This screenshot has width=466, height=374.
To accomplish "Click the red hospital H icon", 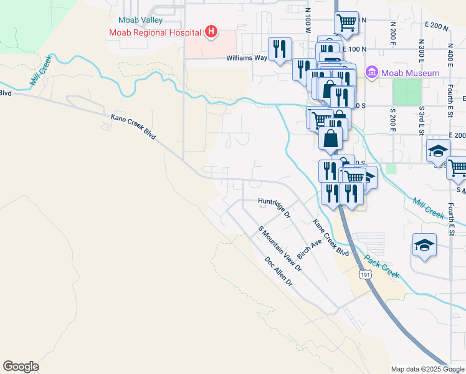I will (212, 31).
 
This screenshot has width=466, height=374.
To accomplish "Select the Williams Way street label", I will (247, 58).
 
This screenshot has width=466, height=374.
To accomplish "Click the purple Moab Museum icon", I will (373, 73).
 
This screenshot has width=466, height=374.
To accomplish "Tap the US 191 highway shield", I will (364, 274).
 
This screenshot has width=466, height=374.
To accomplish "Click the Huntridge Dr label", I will (275, 206).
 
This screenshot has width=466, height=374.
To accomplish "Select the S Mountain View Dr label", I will (280, 249).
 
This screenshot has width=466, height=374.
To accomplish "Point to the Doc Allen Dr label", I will (278, 272).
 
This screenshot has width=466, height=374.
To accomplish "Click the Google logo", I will (21, 367).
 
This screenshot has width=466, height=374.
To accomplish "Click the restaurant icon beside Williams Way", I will (280, 49).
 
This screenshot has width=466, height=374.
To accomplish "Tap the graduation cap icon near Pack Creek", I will (424, 244).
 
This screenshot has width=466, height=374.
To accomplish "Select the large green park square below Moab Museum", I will (407, 92).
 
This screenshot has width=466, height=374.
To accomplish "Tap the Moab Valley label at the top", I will (141, 20).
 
